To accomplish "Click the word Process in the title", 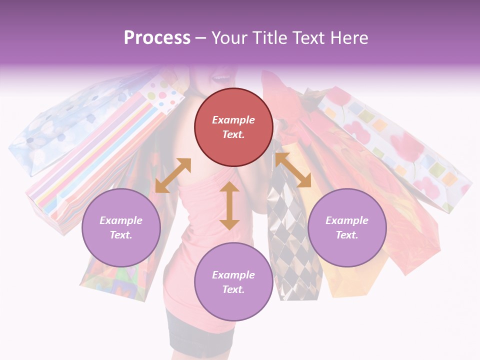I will click(157, 38).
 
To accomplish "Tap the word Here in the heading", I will click(349, 38).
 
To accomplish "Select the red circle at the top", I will click(233, 127).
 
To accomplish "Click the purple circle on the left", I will click(121, 227).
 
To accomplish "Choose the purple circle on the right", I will click(347, 227).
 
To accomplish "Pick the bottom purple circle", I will click(233, 281).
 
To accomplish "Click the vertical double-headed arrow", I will click(229, 205).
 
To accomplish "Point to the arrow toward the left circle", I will click(173, 175).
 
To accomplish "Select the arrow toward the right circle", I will click(293, 170).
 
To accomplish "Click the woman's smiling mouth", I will click(220, 77).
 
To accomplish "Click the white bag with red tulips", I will click(395, 145).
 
